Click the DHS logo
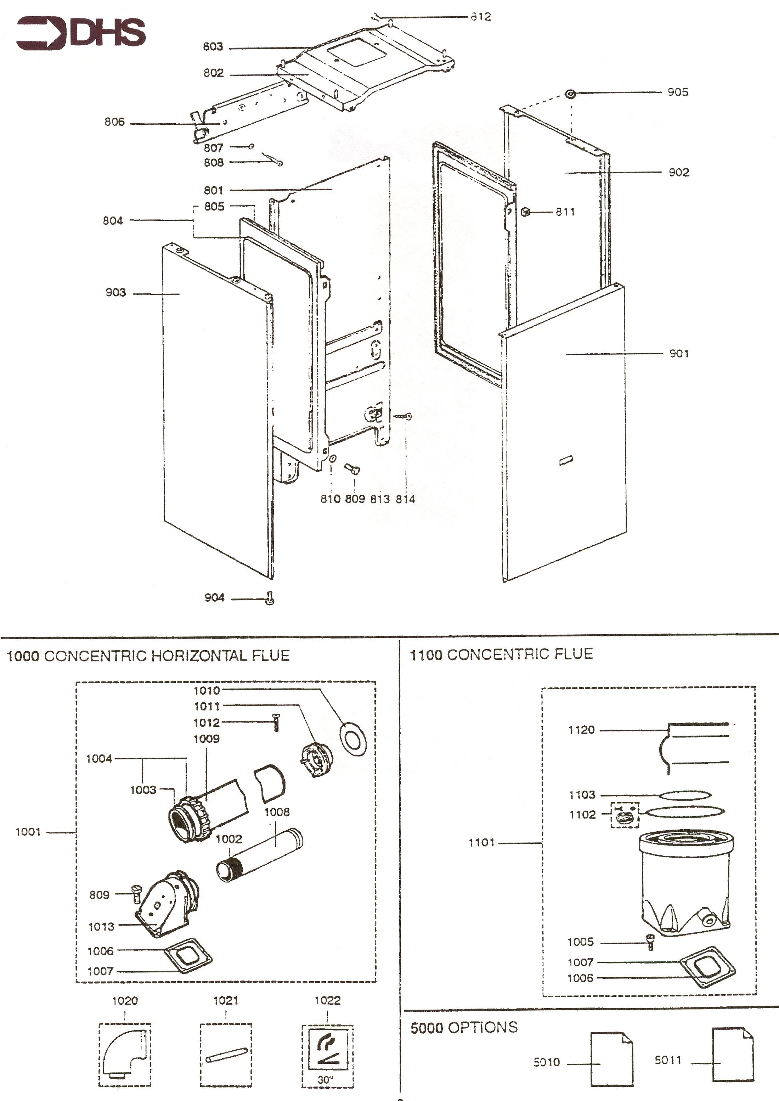80,33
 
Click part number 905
677,92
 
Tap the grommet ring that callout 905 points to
570,94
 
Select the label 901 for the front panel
679,354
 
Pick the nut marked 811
525,212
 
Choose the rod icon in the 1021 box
225,1055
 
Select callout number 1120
581,730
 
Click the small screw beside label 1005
650,942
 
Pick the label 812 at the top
481,17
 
